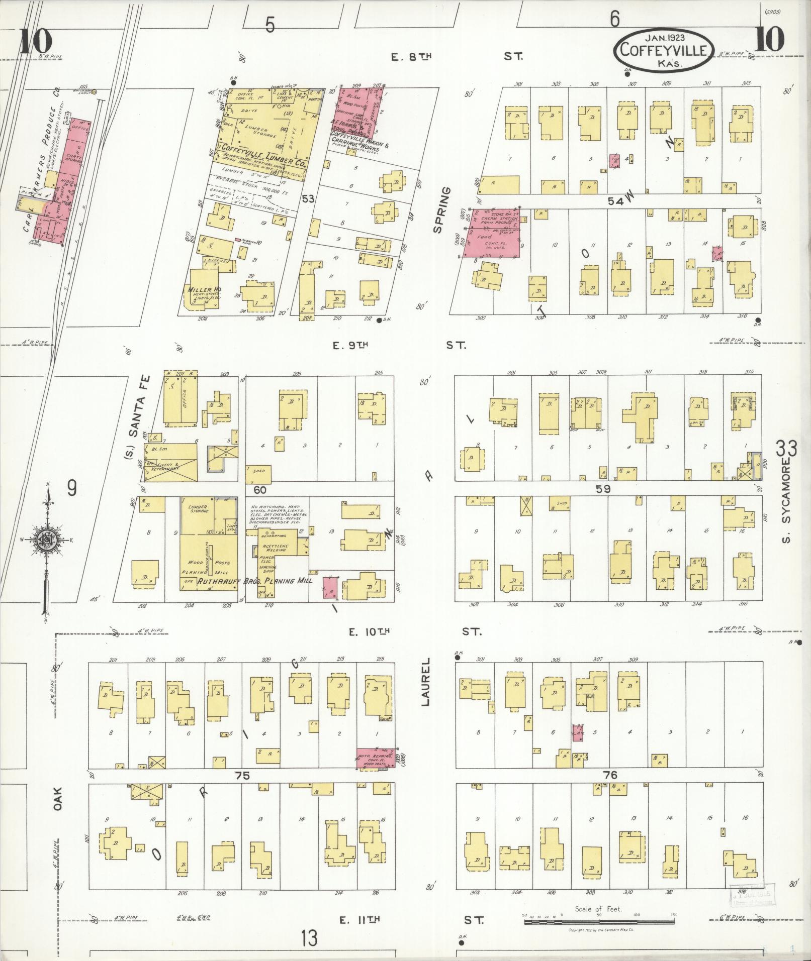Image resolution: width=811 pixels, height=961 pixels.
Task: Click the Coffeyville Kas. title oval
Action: click(663, 50)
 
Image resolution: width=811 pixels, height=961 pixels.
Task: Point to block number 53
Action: click(308, 199)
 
